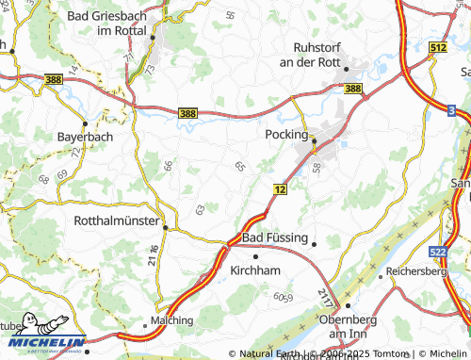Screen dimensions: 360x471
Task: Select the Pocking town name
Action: (x=288, y=136)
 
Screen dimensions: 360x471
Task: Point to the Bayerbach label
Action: (x=85, y=137)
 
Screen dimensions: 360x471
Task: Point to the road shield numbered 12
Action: (x=281, y=189)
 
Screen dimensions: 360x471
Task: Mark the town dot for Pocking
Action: (x=316, y=142)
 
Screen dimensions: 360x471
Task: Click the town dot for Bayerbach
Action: (x=85, y=123)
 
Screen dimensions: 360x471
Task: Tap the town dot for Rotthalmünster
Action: (x=165, y=227)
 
